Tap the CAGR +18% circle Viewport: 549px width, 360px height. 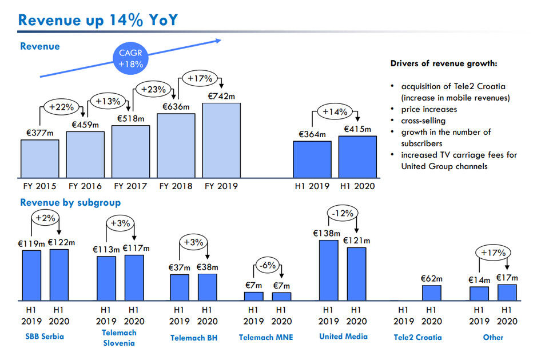[130, 59]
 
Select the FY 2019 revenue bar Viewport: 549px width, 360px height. [221, 139]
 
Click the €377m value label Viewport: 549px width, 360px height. [39, 132]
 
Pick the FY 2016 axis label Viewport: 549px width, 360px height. [85, 186]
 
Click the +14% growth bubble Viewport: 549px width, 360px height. [335, 112]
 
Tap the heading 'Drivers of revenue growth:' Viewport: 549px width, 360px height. [443, 63]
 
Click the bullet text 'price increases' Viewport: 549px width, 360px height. [429, 109]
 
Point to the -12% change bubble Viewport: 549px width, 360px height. [343, 213]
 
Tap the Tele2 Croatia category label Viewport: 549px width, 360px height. [418, 337]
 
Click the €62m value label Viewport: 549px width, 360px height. [432, 278]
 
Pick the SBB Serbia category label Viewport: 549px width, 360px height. [45, 336]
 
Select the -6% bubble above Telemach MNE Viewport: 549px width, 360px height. [267, 266]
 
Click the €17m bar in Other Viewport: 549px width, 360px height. [507, 292]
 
